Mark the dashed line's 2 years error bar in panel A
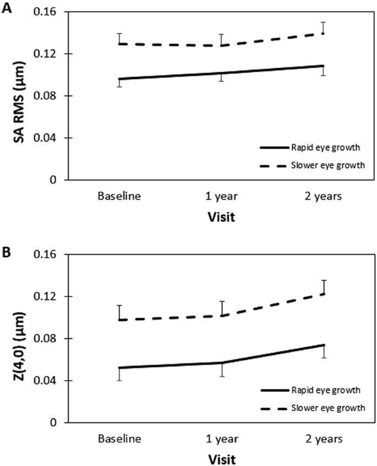[323, 28]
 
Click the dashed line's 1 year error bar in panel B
[221, 308]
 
